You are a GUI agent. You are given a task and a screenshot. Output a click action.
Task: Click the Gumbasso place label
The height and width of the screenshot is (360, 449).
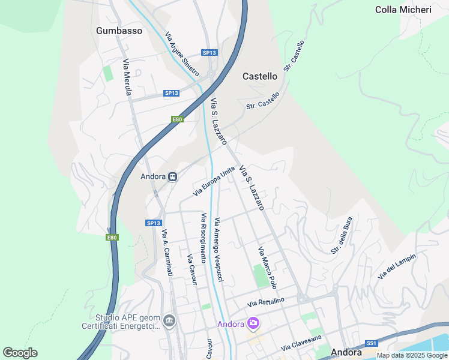119,31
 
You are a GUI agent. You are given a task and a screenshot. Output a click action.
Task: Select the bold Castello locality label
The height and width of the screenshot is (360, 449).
260,76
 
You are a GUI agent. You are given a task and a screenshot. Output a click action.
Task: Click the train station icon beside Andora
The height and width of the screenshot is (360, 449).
172,176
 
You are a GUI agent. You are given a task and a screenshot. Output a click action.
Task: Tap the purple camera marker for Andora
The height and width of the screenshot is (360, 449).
253,324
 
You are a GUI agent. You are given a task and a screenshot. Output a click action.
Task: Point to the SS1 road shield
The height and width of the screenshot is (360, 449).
372,343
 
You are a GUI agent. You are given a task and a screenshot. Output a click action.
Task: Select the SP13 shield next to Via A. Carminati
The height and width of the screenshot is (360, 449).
154,223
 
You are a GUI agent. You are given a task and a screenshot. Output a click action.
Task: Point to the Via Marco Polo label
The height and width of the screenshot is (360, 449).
267,267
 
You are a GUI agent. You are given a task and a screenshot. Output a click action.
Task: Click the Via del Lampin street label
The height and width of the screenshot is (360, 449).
397,266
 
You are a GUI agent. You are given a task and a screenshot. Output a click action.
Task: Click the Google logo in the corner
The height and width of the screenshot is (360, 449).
20,353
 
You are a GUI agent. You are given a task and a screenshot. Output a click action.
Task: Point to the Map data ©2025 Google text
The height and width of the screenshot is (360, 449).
412,355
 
